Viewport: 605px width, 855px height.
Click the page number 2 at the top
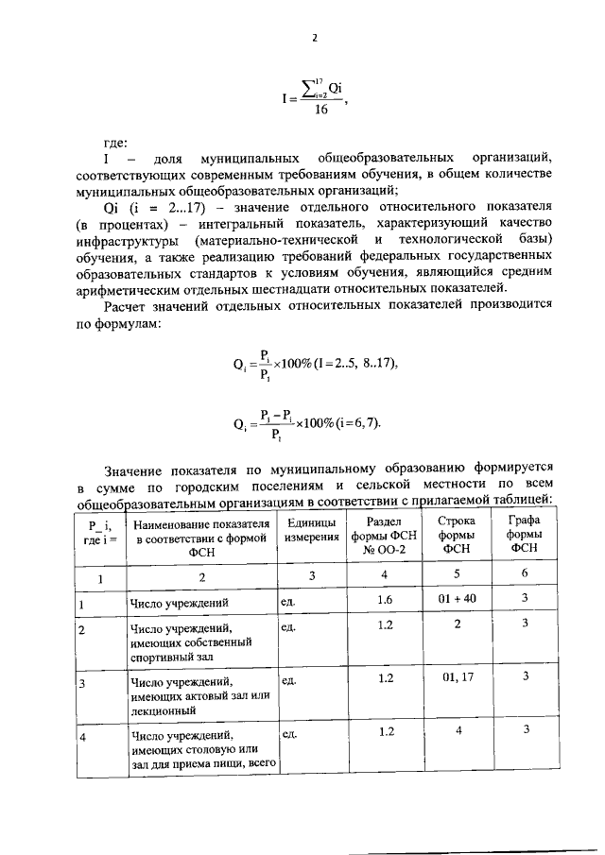point(314,38)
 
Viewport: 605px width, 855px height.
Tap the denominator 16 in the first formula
point(320,110)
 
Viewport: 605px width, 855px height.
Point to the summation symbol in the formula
point(302,87)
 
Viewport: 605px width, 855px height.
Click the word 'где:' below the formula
point(115,143)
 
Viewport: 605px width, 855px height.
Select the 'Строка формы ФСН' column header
point(456,533)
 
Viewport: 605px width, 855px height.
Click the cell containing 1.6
point(384,598)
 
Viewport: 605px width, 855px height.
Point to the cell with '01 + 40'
point(456,598)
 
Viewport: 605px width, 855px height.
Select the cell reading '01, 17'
point(456,677)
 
